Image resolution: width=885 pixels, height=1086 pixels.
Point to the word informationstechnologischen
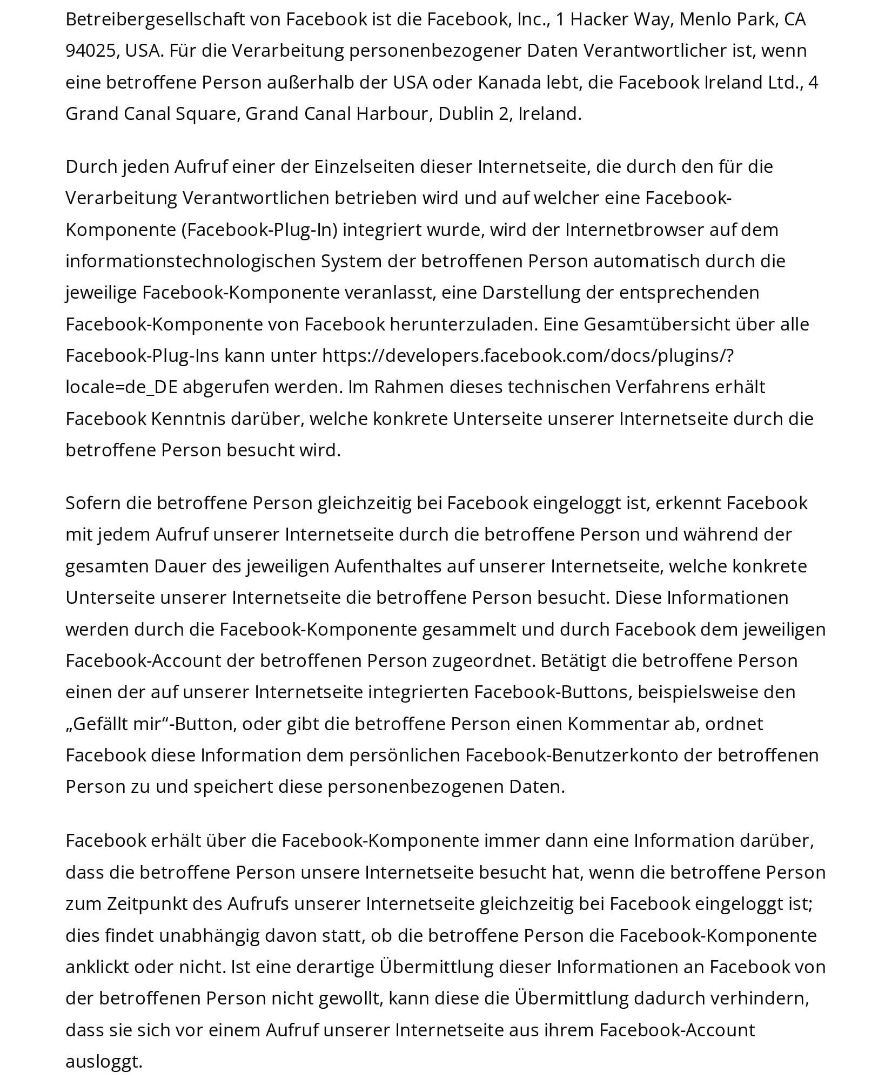coord(190,261)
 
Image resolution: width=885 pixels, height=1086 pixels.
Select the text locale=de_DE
coord(122,388)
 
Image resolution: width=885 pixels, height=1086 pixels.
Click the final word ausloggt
coord(104,1062)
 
